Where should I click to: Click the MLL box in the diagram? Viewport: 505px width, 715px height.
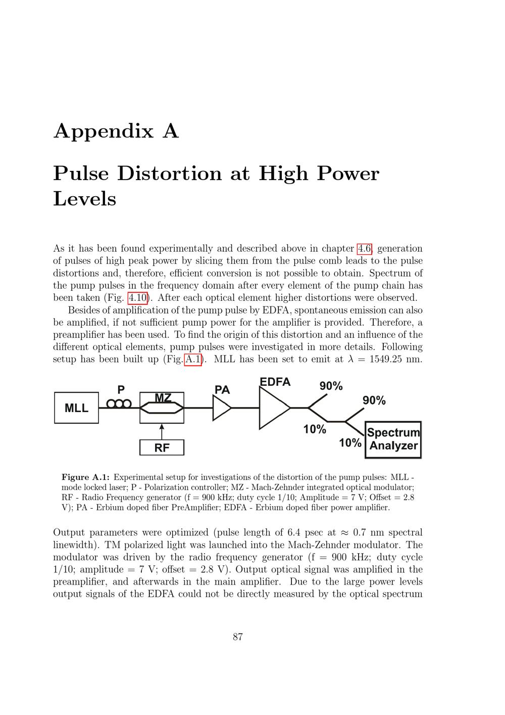coord(76,408)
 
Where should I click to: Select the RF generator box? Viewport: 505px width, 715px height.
coord(162,448)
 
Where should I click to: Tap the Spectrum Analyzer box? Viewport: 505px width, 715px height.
coord(393,439)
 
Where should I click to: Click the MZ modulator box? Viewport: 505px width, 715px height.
coord(162,407)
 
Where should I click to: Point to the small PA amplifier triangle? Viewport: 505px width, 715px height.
coord(221,408)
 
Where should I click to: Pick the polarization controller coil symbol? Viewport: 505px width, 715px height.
coord(119,404)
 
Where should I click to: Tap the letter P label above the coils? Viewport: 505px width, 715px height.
coord(121,389)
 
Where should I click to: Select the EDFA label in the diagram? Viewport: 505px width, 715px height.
coord(275,382)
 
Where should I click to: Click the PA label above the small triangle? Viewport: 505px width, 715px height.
coord(222,390)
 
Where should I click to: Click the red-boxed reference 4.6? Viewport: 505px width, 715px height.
coord(365,248)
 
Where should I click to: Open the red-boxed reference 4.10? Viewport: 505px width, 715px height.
coord(137,298)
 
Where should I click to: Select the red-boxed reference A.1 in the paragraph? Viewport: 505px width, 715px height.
coord(193,360)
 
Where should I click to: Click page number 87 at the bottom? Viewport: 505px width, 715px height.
coord(238,637)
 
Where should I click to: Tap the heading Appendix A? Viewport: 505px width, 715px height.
coord(116,131)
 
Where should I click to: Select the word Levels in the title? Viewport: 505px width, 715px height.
coord(85,198)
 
